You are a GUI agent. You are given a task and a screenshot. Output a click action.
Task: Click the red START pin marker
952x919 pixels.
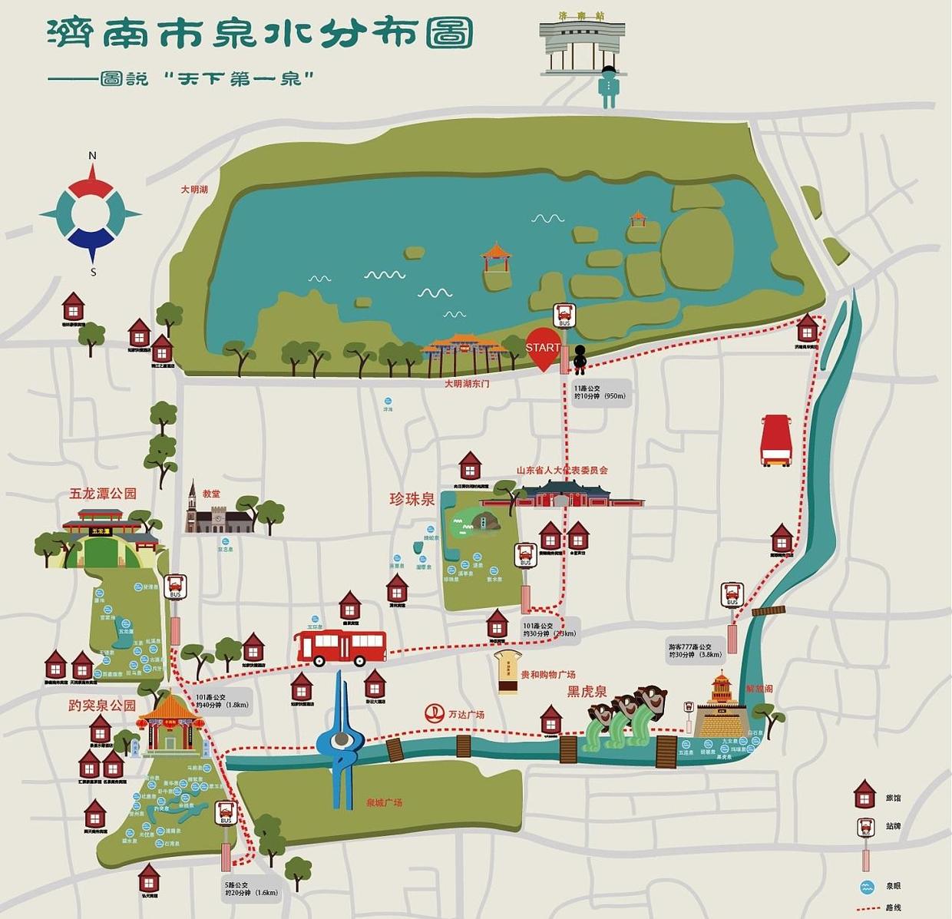tap(542, 349)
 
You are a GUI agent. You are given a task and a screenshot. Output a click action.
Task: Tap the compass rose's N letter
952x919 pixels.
tap(93, 156)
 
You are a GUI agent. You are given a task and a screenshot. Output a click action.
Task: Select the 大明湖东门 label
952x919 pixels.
tap(467, 383)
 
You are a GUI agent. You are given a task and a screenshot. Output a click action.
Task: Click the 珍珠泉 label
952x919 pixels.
tap(412, 499)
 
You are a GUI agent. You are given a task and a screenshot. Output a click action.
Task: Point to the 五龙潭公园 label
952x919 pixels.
tap(103, 494)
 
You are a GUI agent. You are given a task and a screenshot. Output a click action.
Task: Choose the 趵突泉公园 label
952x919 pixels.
tap(102, 706)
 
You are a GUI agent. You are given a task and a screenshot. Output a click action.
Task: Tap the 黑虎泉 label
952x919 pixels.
tap(587, 691)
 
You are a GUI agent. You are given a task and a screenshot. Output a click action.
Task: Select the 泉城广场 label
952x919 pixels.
tap(384, 802)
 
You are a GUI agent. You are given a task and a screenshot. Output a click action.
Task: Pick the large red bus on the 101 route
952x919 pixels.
tap(341, 646)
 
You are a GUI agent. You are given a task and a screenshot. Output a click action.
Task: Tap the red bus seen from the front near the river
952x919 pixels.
tap(775, 441)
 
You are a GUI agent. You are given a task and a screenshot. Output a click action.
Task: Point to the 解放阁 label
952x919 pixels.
tap(759, 689)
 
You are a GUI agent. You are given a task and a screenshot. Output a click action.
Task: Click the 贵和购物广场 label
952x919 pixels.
tap(548, 675)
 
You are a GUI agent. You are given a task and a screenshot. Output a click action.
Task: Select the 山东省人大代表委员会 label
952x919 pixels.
tap(562, 470)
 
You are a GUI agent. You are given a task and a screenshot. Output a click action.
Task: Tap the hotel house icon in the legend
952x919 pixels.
tap(865, 795)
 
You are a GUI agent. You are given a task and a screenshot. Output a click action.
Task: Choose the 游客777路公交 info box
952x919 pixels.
tap(696, 651)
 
